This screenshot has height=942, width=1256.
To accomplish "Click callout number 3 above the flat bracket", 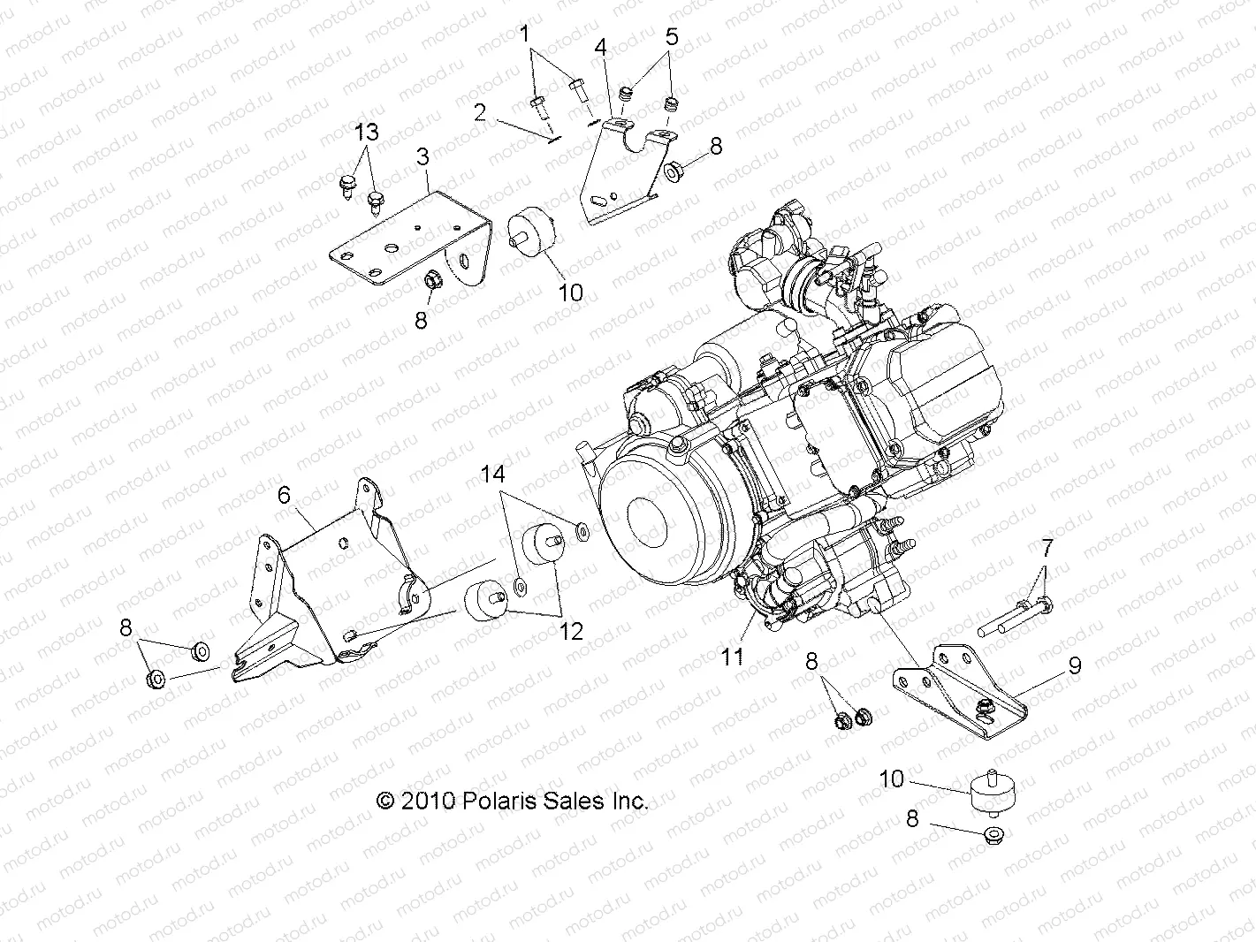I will click(x=422, y=157).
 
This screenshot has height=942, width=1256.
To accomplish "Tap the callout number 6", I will click(x=284, y=495).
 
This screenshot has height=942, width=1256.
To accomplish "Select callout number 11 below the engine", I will click(x=733, y=656).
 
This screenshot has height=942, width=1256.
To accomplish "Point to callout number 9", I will click(x=1074, y=665).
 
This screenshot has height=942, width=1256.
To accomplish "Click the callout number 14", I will click(x=492, y=475).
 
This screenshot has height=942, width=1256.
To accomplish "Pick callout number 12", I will click(x=571, y=631).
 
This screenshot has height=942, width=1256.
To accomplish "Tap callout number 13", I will click(x=366, y=133).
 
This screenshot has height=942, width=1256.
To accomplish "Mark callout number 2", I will click(x=479, y=112).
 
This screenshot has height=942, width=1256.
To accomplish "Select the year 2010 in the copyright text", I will click(x=428, y=801).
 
